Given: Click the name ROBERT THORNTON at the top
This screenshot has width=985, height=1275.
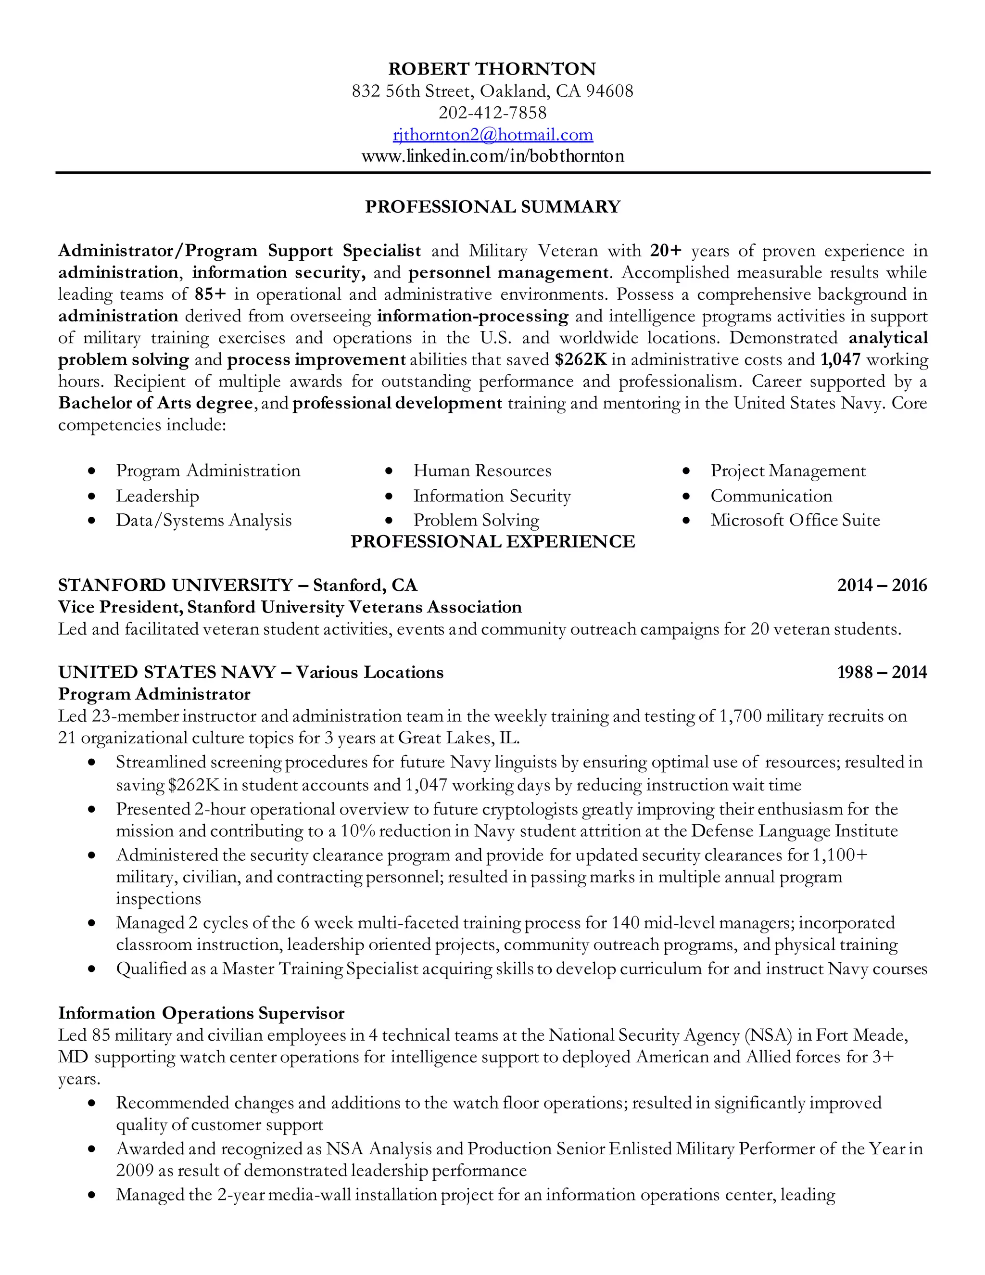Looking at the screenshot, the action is [492, 69].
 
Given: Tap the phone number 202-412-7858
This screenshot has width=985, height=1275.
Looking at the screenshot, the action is [492, 113].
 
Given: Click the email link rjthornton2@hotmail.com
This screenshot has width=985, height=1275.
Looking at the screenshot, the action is [492, 135].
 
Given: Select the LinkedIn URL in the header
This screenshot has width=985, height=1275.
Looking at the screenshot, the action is [492, 156].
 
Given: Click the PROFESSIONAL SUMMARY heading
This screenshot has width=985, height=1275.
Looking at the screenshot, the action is [492, 207].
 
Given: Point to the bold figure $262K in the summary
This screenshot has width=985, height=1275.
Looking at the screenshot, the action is [581, 359].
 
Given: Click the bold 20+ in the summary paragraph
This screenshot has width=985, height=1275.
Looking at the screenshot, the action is [666, 251].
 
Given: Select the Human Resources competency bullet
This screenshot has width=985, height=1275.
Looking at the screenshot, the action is [482, 471].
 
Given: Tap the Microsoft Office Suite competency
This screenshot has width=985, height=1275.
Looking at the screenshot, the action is [795, 520].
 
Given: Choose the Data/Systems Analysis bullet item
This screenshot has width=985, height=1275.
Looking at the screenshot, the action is [203, 520].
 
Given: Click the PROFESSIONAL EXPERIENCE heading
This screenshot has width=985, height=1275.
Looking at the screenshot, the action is [492, 542].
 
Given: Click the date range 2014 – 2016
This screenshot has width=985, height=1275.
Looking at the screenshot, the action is [882, 585].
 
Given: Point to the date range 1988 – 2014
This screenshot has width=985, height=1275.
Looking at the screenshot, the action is [882, 673].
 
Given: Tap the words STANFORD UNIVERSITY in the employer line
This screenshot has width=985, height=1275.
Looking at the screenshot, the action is [175, 585].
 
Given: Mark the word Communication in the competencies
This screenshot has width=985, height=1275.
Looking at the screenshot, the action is [771, 496].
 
